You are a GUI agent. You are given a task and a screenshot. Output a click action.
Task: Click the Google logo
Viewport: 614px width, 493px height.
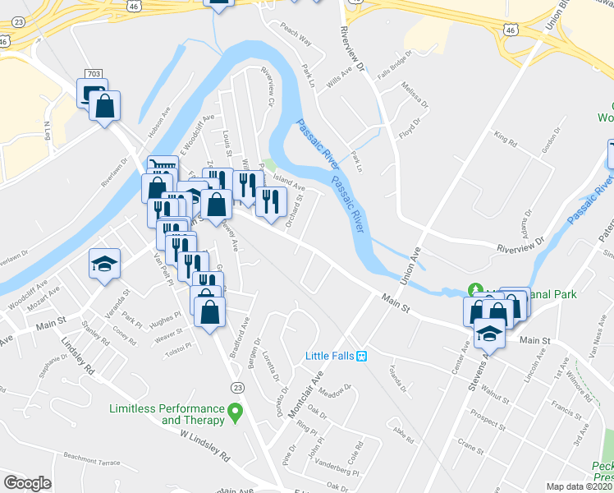click(x=27, y=483)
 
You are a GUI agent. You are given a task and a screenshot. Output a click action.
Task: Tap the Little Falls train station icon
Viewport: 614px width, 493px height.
click(x=360, y=355)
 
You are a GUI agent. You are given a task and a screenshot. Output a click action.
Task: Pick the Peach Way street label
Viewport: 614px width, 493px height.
click(x=296, y=39)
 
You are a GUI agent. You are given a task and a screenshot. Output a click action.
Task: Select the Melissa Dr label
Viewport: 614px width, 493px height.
click(x=414, y=94)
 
